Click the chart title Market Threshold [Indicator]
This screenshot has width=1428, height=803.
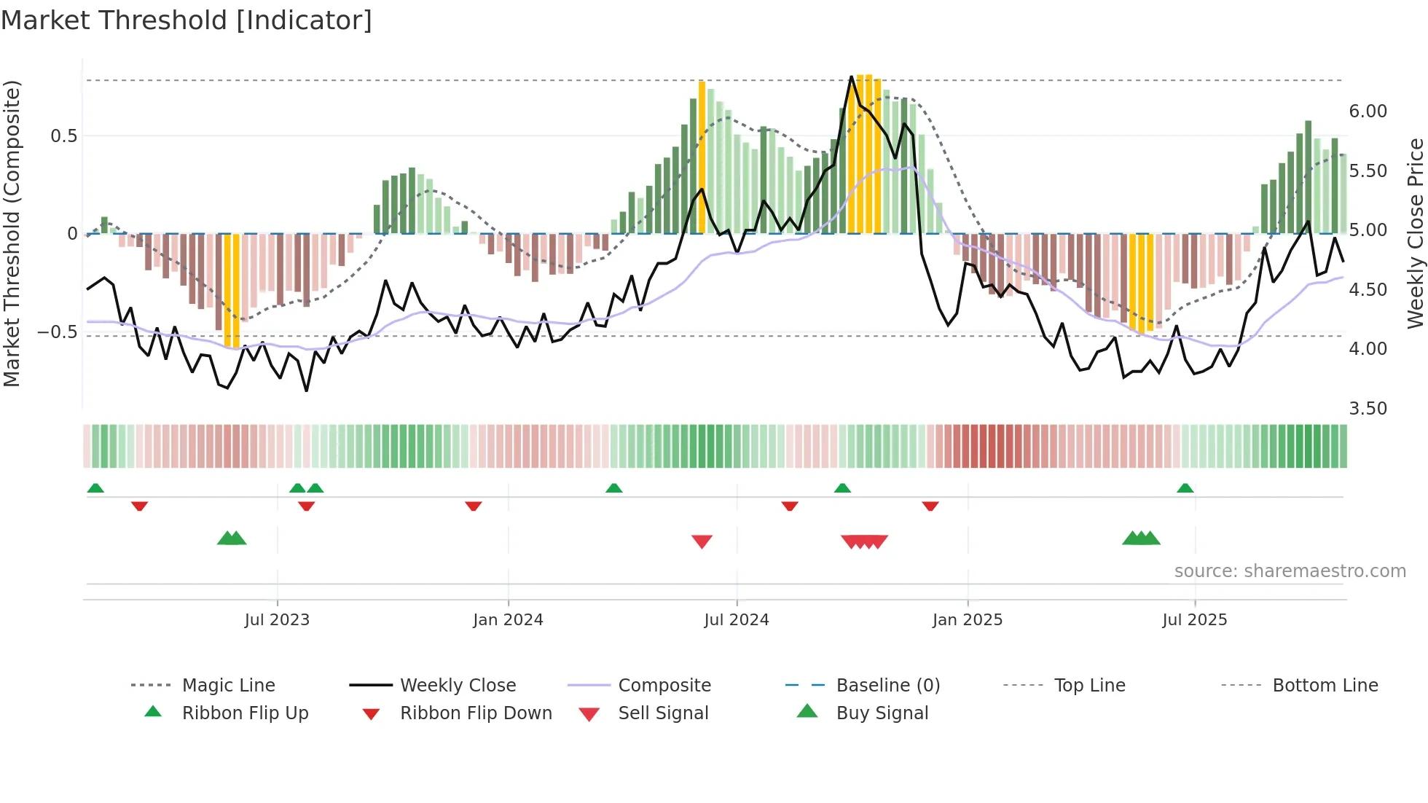click(187, 20)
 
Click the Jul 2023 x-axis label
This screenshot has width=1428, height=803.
click(277, 620)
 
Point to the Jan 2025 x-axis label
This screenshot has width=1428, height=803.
click(967, 620)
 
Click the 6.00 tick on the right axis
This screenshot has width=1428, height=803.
click(1368, 111)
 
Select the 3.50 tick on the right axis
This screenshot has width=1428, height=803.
click(1368, 409)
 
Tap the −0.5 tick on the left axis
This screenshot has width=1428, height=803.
click(57, 332)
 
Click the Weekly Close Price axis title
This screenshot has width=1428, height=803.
click(1415, 233)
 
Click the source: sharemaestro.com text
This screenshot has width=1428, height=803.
click(1290, 571)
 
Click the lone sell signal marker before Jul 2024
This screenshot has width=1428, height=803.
click(702, 541)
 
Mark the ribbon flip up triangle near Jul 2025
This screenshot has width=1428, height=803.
click(1185, 488)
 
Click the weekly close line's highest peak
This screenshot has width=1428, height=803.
click(851, 77)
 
